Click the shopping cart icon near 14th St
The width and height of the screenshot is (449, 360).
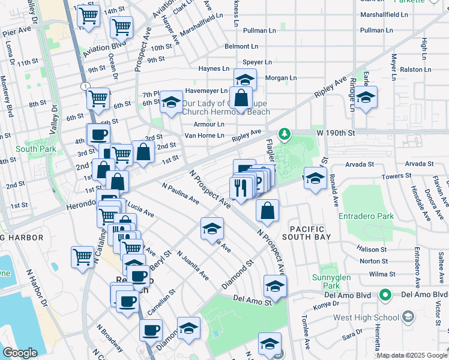[89, 16]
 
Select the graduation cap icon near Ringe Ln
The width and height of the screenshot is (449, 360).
[365, 97]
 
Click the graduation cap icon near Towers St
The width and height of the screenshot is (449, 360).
[315, 178]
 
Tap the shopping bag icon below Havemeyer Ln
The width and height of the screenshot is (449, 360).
[240, 97]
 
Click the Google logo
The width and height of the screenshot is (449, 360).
[20, 353]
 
